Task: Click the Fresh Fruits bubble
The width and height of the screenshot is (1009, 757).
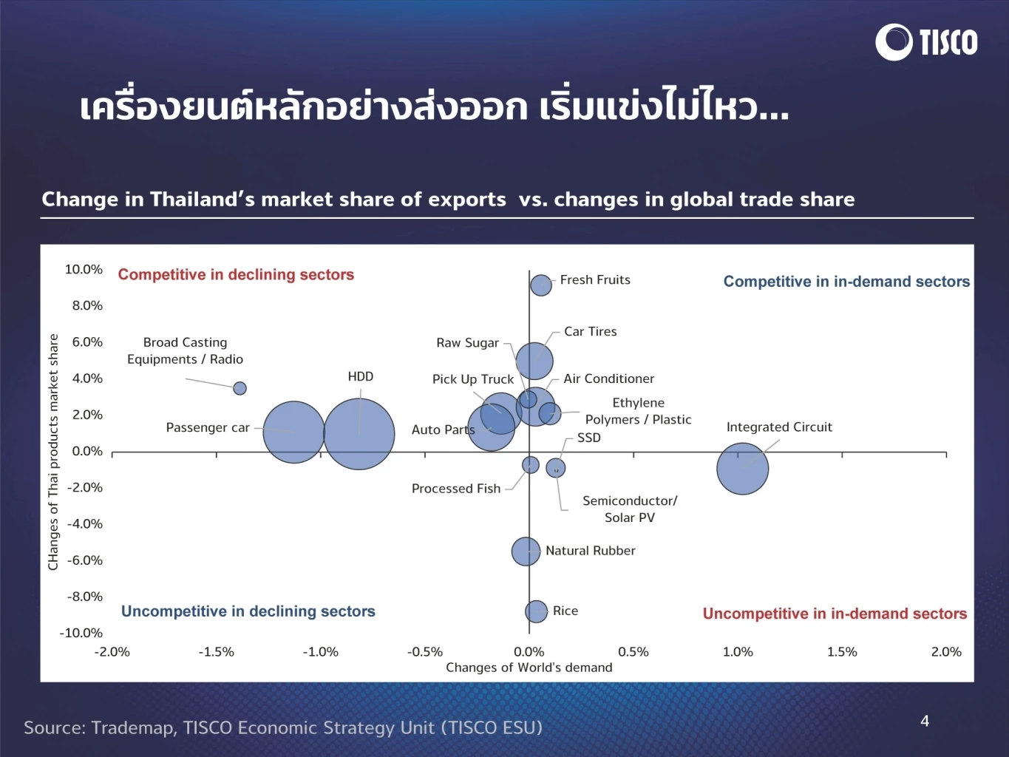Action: click(x=541, y=285)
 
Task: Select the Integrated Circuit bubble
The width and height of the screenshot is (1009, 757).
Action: click(x=742, y=469)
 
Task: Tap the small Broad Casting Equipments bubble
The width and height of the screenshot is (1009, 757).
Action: click(x=239, y=388)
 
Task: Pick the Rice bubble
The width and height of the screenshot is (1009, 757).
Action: click(x=536, y=611)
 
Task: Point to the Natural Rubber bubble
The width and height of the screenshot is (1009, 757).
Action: click(x=526, y=551)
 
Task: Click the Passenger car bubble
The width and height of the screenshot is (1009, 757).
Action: click(x=293, y=432)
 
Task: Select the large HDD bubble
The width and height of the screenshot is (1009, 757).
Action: click(x=359, y=434)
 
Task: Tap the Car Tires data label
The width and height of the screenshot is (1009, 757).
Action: click(x=590, y=332)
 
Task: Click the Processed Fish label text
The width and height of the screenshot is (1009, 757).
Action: click(x=455, y=489)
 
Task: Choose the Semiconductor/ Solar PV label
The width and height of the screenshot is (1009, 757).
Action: click(x=630, y=509)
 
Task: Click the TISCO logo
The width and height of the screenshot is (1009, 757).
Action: click(x=926, y=42)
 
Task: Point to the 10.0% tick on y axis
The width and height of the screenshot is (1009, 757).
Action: click(x=84, y=270)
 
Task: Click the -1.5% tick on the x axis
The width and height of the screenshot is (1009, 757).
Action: click(x=216, y=652)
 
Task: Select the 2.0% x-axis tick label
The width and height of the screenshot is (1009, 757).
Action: click(x=945, y=652)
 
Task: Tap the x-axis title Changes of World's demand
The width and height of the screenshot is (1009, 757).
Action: click(x=529, y=668)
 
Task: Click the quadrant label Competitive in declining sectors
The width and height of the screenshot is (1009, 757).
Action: click(x=236, y=275)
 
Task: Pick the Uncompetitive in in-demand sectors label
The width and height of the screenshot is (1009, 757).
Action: click(x=834, y=614)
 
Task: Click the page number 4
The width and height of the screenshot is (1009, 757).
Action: click(x=924, y=721)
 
